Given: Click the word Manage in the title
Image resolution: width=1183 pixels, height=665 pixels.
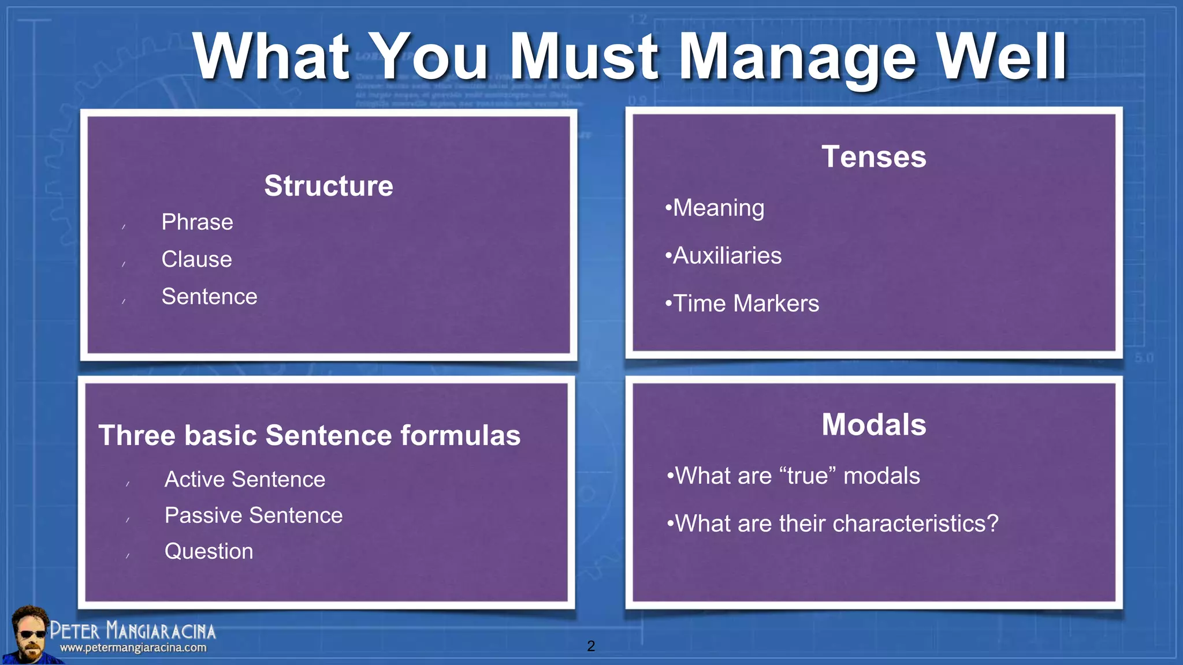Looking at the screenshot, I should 797,58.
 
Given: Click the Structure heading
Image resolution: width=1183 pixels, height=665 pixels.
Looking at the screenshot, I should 328,186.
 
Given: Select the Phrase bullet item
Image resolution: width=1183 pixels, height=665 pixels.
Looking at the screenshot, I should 197,222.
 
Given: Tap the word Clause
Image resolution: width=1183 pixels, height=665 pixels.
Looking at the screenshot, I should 196,259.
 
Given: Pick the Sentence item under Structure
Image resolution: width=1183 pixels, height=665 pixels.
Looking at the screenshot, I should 209,297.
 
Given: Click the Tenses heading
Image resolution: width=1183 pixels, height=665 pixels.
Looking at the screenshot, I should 873,157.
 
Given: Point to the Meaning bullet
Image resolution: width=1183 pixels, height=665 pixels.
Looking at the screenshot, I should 718,208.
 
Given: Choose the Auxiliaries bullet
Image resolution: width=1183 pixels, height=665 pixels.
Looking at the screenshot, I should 727,256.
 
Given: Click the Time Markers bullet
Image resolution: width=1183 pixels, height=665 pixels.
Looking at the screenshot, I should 745,304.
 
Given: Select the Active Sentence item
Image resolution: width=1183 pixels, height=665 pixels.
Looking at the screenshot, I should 244,480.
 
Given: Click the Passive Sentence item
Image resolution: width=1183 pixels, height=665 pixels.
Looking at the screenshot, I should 253,515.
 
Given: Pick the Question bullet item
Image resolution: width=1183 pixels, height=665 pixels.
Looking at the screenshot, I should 209,551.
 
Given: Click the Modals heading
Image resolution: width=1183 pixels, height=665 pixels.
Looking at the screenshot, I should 873,425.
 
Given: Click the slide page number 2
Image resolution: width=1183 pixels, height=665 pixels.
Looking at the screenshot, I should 590,646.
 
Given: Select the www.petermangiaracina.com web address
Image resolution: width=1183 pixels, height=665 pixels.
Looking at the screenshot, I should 133,648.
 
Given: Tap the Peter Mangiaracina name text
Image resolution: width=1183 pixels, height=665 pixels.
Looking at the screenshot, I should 133,630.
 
